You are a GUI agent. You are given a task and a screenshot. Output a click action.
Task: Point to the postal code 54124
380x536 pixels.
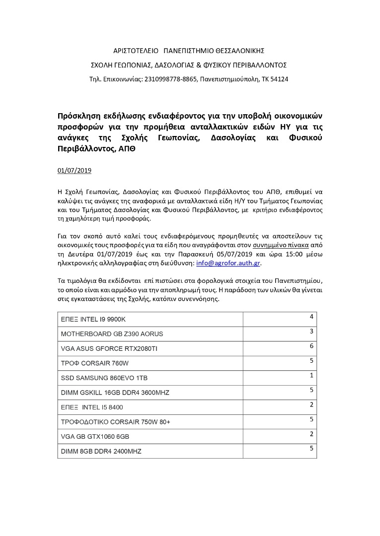click(x=280, y=79)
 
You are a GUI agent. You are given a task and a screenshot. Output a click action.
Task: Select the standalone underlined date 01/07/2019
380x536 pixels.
click(x=75, y=170)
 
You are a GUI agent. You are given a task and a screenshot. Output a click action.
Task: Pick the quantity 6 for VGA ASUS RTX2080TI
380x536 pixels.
click(x=311, y=345)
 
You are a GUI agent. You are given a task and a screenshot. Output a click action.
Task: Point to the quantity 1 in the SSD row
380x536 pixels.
click(x=311, y=375)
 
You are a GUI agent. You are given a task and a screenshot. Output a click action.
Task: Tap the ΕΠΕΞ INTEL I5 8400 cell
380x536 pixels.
click(x=92, y=407)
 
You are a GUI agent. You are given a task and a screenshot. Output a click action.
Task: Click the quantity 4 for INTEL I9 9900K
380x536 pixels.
click(x=311, y=316)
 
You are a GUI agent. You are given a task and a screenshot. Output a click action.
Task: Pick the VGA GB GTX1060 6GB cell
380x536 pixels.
click(x=95, y=437)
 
